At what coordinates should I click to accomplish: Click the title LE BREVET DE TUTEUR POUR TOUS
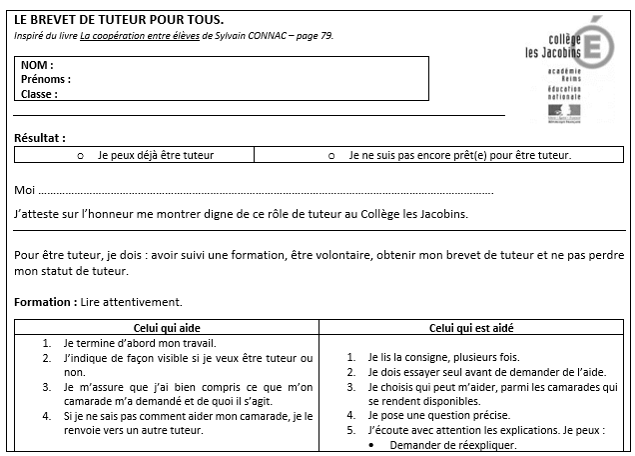[119, 20]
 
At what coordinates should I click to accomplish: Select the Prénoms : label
[46, 80]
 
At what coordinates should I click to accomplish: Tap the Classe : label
[39, 95]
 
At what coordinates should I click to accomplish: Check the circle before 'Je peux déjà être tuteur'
[80, 156]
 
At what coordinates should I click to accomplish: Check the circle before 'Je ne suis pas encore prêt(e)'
[330, 156]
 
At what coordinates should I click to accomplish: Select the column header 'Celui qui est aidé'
[472, 327]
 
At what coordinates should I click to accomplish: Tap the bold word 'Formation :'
[45, 301]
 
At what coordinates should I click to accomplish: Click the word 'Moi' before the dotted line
[25, 190]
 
